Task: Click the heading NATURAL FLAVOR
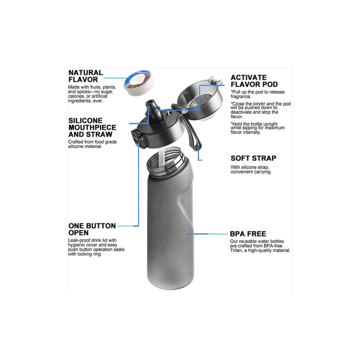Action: (x=86, y=76)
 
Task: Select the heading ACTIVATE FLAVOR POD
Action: (x=254, y=81)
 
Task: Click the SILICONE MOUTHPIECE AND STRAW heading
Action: (x=92, y=127)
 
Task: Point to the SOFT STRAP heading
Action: (x=253, y=158)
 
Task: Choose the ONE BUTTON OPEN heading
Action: (x=92, y=229)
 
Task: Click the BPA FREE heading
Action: (x=248, y=234)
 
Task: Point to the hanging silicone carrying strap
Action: (x=194, y=136)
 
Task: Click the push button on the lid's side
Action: (x=137, y=138)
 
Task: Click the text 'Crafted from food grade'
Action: (x=92, y=142)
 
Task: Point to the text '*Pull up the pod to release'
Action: (x=257, y=92)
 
